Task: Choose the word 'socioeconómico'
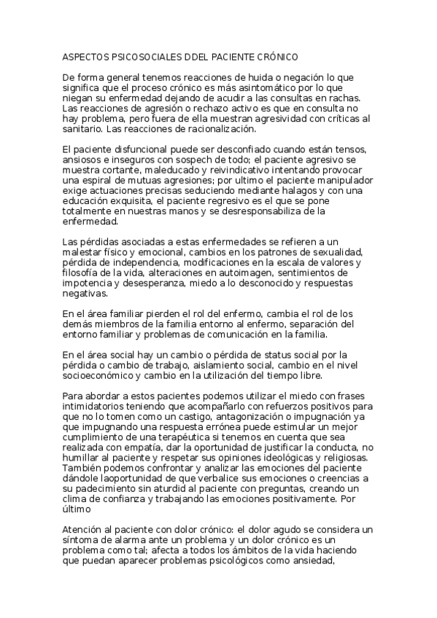pyautogui.click(x=98, y=377)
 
